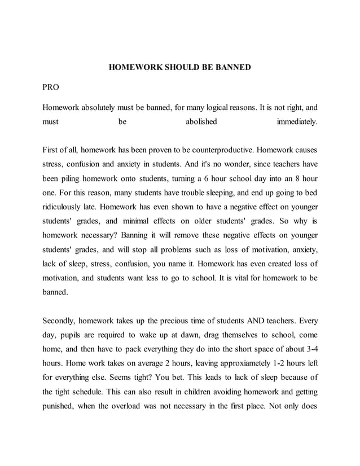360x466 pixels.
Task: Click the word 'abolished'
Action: [x=201, y=121]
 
